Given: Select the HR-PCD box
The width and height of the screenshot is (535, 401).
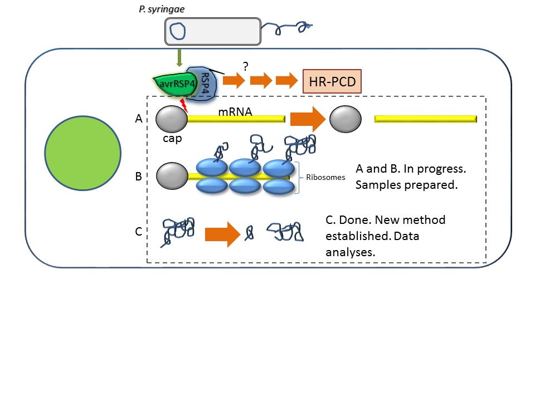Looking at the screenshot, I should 332,82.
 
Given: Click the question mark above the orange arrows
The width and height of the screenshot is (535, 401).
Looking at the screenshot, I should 246,66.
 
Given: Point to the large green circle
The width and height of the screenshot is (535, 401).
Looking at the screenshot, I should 82,153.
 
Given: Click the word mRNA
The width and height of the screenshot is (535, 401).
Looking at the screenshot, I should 235,111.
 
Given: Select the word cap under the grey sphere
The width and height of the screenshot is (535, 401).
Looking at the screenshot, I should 172,138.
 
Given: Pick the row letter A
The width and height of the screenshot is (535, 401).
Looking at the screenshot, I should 138,119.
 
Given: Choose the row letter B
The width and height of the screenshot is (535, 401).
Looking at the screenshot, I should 138,177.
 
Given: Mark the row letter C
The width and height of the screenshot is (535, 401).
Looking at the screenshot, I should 138,232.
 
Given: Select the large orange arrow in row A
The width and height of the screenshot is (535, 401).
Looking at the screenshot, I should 307,119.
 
